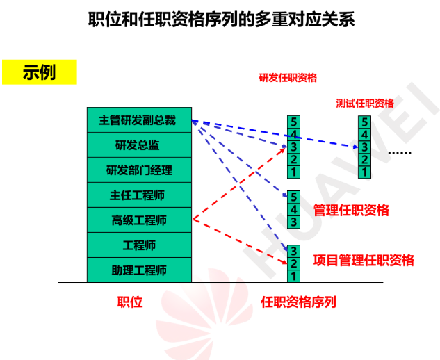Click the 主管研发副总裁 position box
[139, 120]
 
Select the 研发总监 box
[139, 145]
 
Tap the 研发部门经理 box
[139, 170]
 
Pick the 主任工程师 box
[139, 195]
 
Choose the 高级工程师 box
[139, 220]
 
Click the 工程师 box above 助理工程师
[139, 245]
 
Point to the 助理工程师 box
[139, 270]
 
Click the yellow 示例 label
[40, 72]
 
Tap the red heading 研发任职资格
[288, 78]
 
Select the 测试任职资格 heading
[365, 104]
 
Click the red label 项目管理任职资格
[364, 260]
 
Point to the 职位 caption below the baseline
[130, 302]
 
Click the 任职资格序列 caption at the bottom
[298, 302]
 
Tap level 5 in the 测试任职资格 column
[364, 122]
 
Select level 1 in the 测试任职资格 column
[364, 172]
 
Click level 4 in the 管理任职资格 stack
[293, 210]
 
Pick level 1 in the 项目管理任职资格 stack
[293, 276]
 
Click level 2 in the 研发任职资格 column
[293, 159]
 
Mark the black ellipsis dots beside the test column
[400, 153]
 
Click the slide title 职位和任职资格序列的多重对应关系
[222, 19]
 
